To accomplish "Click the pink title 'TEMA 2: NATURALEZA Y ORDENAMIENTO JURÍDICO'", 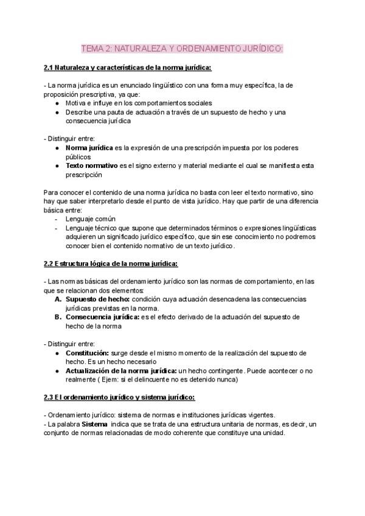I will (x=182, y=49).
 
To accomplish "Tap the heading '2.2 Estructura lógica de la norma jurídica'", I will (x=111, y=263).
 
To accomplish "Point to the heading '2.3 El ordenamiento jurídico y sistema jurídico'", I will (x=119, y=397).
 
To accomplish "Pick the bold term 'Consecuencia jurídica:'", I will (x=102, y=317).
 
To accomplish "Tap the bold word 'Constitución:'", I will (x=87, y=353).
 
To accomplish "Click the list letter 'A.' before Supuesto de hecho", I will (x=58, y=299).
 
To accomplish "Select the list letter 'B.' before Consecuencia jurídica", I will (x=58, y=317).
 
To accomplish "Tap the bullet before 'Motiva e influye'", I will (x=57, y=103).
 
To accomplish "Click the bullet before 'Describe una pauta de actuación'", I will (x=57, y=112).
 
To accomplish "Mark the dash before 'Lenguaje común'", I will (x=57, y=219).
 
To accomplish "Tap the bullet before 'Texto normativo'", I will (x=57, y=166).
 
